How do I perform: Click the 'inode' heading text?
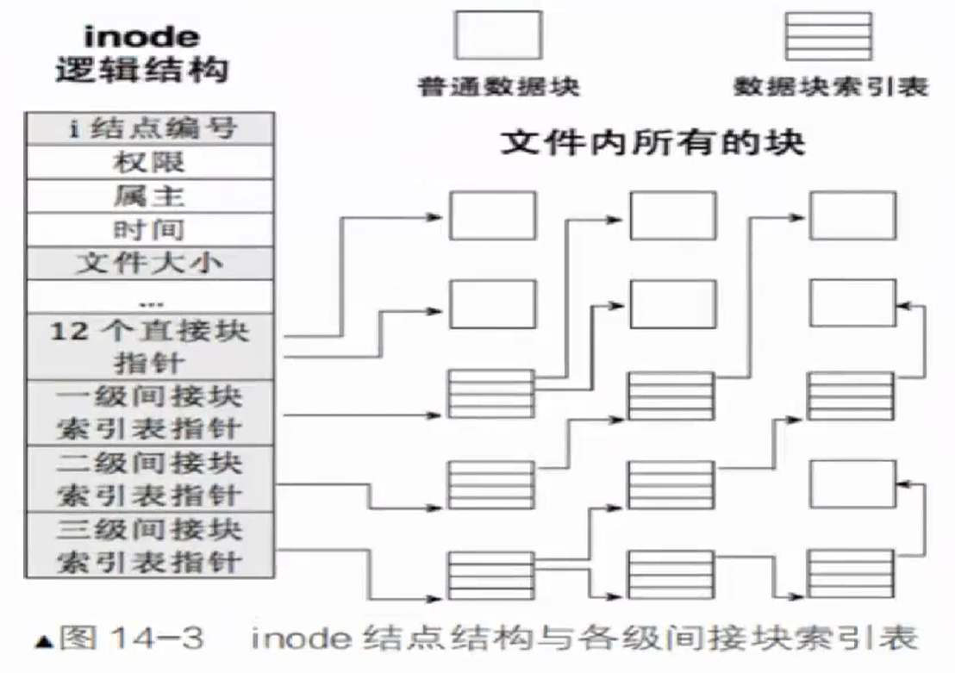(142, 36)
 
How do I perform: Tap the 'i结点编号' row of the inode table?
(150, 129)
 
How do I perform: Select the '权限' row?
(150, 162)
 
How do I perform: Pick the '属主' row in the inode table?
(150, 196)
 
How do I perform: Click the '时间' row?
(150, 229)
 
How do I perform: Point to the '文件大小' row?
(150, 263)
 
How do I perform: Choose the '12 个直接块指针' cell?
(150, 346)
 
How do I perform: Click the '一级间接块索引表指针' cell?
(150, 412)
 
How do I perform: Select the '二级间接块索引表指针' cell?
(150, 478)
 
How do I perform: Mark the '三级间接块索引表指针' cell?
(150, 545)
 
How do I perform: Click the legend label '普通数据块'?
(498, 86)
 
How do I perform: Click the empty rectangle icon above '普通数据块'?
(498, 34)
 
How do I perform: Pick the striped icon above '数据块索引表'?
(827, 34)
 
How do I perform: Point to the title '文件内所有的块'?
(652, 142)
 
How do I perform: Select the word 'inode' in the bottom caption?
(296, 639)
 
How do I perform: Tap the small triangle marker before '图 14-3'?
(41, 642)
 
